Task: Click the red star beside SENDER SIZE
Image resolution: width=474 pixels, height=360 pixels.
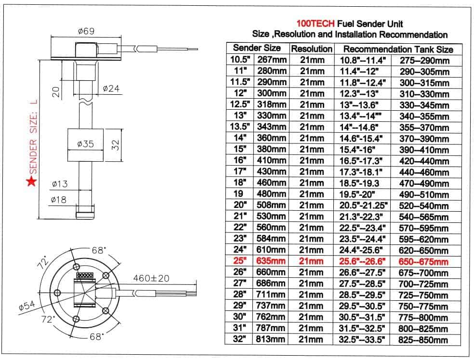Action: (31, 181)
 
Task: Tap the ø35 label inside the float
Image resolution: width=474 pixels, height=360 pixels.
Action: (85, 144)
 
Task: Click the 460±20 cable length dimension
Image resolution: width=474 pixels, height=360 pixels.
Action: (150, 278)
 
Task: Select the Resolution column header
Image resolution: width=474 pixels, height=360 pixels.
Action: (312, 49)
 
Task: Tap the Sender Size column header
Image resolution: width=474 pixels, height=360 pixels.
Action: (257, 48)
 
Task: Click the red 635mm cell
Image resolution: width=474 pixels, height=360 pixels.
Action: (271, 261)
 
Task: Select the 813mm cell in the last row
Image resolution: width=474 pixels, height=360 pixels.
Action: (271, 339)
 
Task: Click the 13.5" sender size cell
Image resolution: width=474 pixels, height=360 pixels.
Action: (239, 127)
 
